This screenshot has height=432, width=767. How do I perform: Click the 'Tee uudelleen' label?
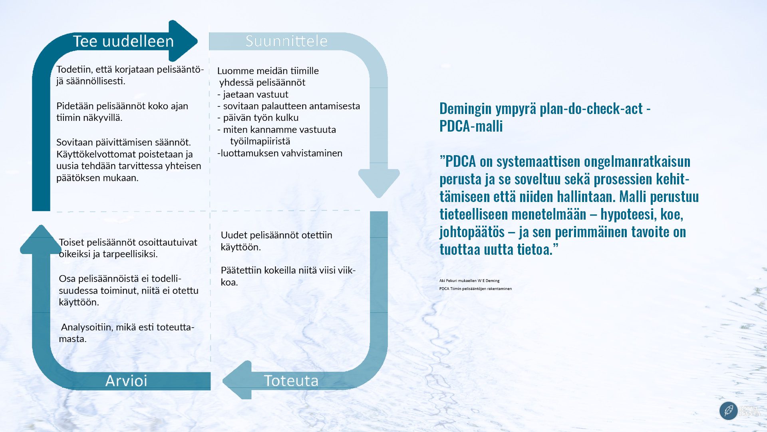coord(123,41)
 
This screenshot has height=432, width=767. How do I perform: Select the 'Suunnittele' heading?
coord(286,41)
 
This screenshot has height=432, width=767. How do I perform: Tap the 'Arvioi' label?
coord(126,380)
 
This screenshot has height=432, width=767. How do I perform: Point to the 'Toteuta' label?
coord(291,380)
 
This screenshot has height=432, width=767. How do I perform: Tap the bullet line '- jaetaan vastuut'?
coord(252,94)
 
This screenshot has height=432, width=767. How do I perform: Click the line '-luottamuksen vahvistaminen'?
coord(280,153)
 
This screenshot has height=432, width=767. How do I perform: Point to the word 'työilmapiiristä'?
coord(260,141)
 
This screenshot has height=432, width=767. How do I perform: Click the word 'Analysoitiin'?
coord(86,327)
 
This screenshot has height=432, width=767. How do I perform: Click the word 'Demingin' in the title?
coord(465,108)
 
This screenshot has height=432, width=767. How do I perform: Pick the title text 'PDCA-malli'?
coord(471,126)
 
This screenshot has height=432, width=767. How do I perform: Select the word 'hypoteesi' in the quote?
coord(626,214)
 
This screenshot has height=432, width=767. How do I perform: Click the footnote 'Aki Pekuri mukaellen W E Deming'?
coord(469,281)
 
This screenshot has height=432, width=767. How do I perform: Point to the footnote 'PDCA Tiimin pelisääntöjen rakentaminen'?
coord(475,288)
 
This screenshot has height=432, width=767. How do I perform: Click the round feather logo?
coord(728,410)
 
